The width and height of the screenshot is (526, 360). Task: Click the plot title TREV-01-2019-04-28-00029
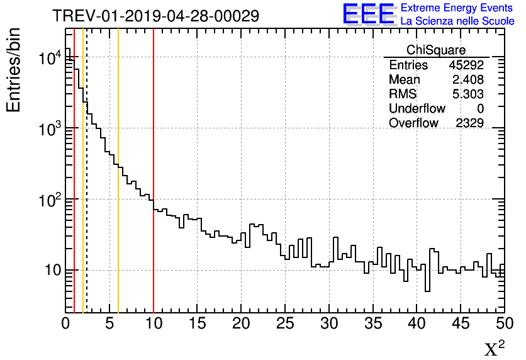155,16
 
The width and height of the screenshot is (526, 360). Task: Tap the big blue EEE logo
368,14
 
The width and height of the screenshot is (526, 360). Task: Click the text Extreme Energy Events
457,8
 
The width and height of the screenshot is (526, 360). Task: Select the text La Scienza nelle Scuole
457,21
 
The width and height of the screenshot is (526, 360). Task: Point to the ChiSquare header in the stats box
436,50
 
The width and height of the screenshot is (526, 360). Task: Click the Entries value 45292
466,65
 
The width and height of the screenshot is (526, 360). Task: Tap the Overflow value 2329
469,123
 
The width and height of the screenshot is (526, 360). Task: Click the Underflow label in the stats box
417,109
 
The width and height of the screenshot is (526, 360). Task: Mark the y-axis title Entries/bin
14,69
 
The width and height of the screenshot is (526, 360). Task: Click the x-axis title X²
494,349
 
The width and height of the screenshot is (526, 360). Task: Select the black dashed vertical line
87,189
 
